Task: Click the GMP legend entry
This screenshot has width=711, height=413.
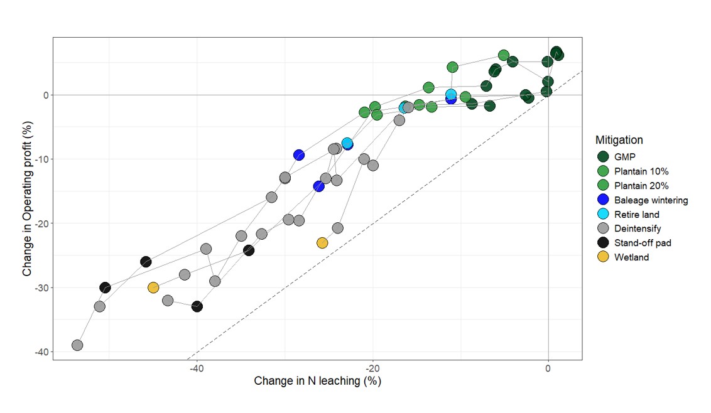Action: (616, 157)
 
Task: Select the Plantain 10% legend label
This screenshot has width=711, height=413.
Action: (641, 171)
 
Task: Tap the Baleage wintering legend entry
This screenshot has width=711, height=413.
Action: (643, 200)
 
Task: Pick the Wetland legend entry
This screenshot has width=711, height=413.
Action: (622, 257)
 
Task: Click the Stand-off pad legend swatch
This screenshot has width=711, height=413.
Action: (602, 242)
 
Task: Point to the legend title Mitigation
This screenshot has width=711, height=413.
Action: (619, 140)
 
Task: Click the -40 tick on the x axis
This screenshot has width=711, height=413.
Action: (197, 368)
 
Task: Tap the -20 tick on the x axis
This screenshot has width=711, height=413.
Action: (372, 368)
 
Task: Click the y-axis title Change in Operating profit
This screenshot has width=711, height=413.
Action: (27, 198)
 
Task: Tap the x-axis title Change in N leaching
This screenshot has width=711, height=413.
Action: (317, 381)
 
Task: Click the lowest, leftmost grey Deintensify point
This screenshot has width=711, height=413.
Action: (77, 345)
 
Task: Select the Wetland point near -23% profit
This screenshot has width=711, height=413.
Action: (322, 243)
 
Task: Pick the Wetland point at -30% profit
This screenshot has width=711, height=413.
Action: (153, 287)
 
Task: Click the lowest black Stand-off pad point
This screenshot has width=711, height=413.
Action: (197, 306)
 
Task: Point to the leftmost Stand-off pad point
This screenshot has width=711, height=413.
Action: (105, 287)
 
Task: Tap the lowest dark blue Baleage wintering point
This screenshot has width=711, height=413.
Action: (319, 186)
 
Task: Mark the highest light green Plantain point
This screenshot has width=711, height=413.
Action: (503, 55)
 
